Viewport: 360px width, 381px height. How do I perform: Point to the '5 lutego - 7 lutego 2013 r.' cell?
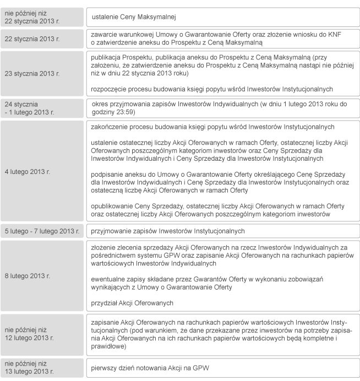(42, 231)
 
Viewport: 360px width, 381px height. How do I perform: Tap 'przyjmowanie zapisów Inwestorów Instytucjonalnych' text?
(168, 231)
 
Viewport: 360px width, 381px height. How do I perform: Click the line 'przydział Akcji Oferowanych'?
(133, 302)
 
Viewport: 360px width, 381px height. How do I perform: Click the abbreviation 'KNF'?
(342, 34)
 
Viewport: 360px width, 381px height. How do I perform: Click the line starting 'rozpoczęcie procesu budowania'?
(220, 88)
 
